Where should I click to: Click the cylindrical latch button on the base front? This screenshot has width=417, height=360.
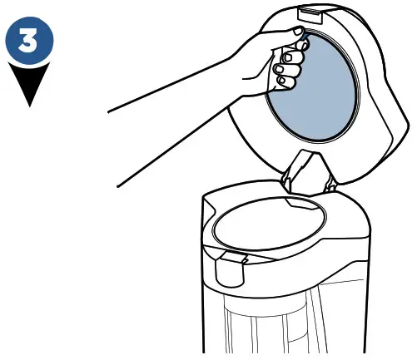[x=224, y=271]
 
